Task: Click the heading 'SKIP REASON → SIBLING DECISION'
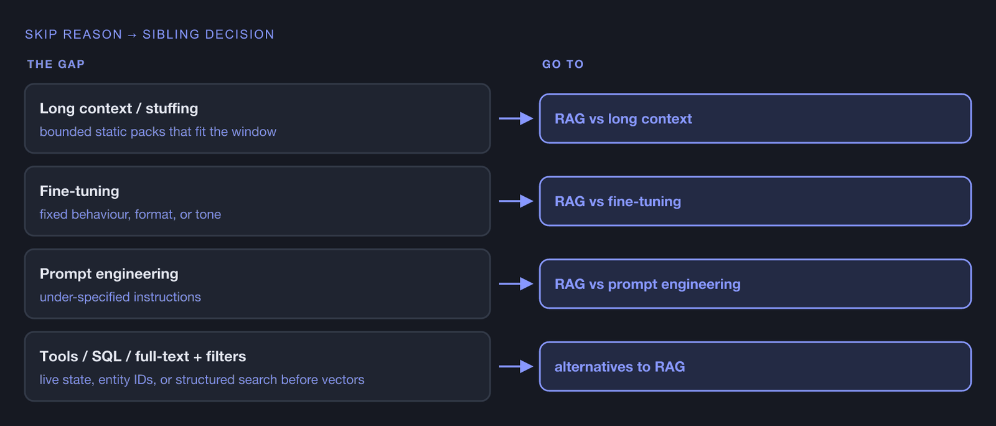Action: pyautogui.click(x=149, y=34)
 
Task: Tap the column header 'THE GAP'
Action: pyautogui.click(x=56, y=64)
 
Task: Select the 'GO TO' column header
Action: pyautogui.click(x=563, y=64)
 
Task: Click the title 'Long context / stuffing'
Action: pyautogui.click(x=119, y=108)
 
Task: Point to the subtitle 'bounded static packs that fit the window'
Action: pyautogui.click(x=158, y=131)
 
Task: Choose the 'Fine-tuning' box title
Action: pyautogui.click(x=79, y=191)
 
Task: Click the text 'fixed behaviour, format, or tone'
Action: pyautogui.click(x=130, y=214)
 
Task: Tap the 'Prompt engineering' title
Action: pyautogui.click(x=109, y=273)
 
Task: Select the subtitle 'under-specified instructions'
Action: pyautogui.click(x=120, y=297)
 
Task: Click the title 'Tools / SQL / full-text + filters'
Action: pyautogui.click(x=143, y=356)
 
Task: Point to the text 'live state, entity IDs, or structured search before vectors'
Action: pyautogui.click(x=202, y=380)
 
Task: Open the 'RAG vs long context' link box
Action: pyautogui.click(x=755, y=118)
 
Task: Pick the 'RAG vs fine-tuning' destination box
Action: pyautogui.click(x=755, y=201)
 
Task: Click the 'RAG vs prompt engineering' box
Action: pyautogui.click(x=755, y=284)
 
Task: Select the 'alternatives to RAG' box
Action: pyautogui.click(x=755, y=366)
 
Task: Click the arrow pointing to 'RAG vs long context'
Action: pyautogui.click(x=516, y=118)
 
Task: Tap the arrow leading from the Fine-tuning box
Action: pyautogui.click(x=516, y=201)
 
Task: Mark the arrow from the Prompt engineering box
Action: pyautogui.click(x=516, y=284)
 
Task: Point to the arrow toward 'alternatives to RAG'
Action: pyautogui.click(x=516, y=366)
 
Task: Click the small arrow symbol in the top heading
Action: pyautogui.click(x=132, y=35)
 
